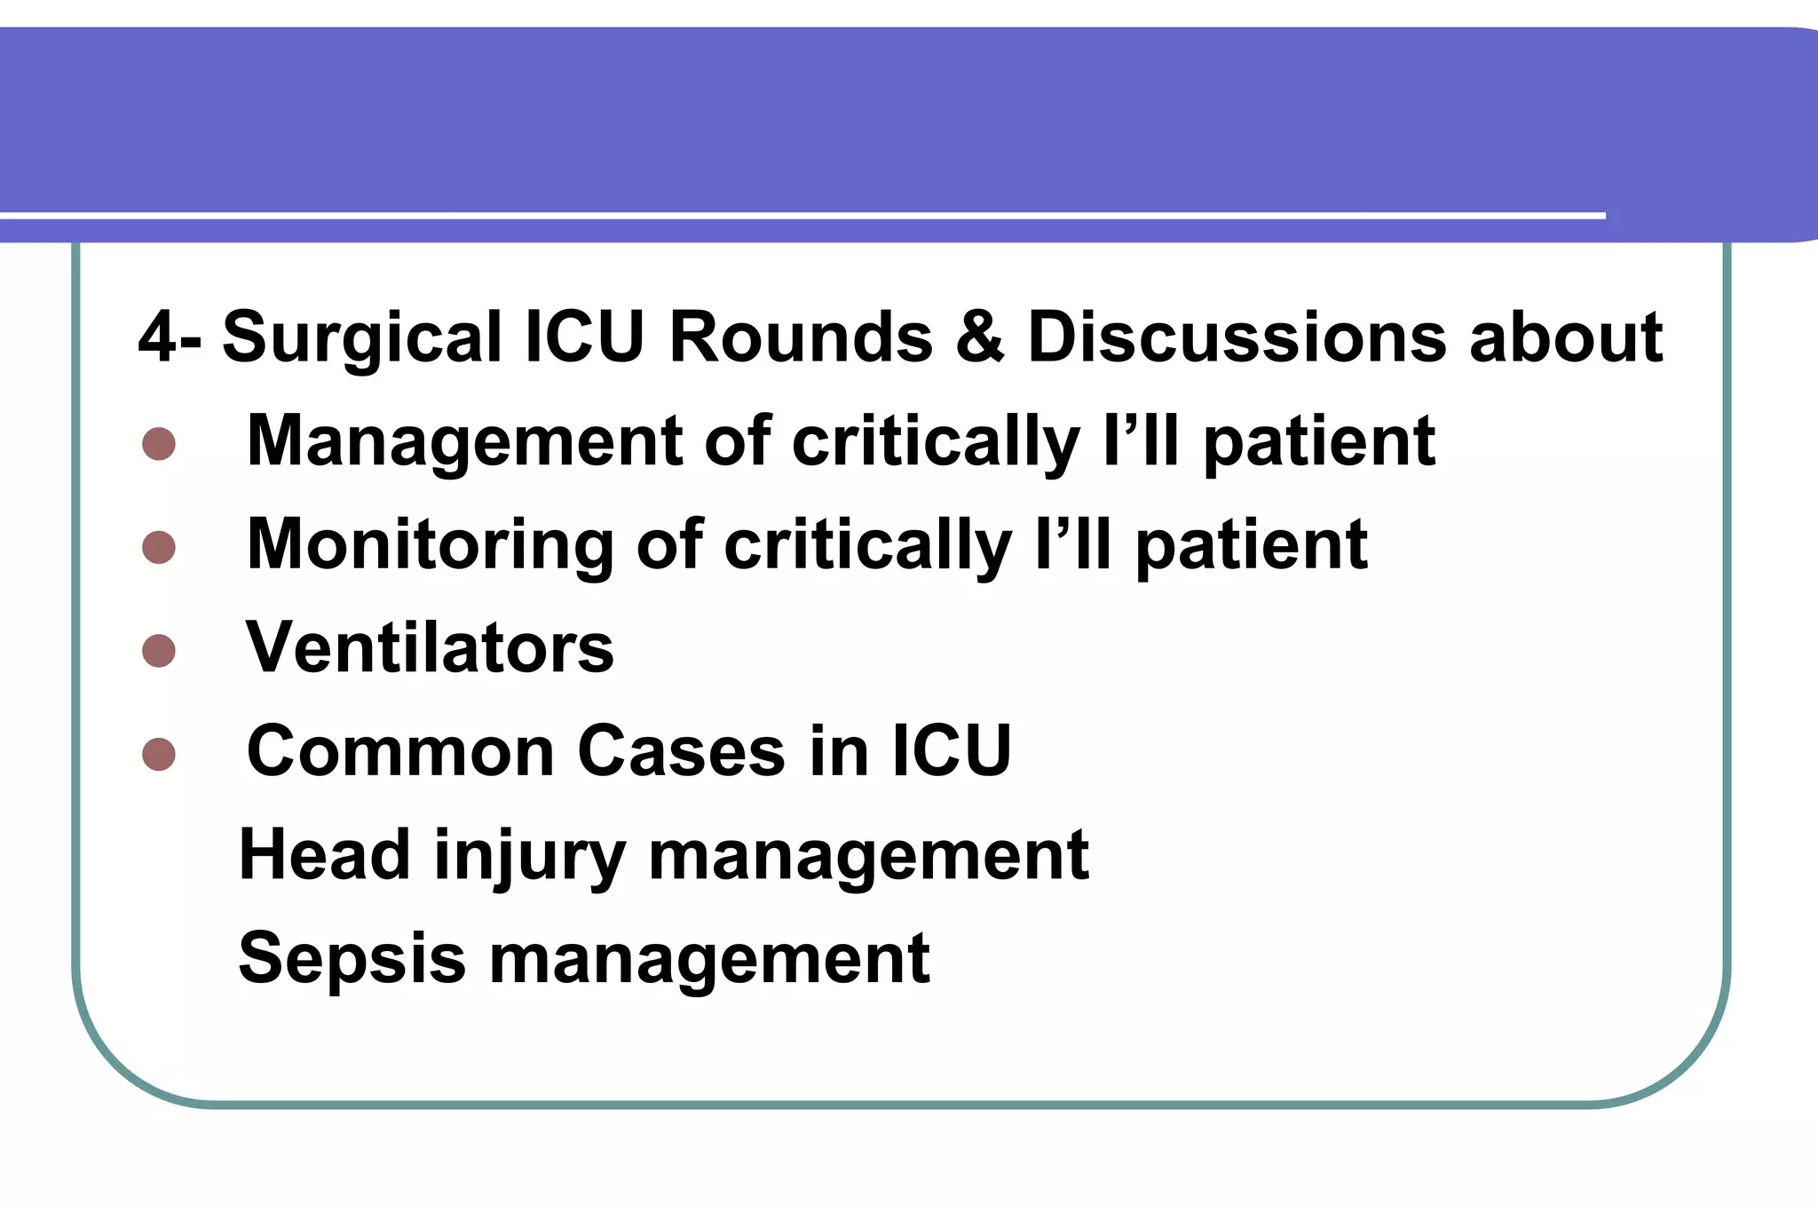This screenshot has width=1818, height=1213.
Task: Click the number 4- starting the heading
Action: point(169,337)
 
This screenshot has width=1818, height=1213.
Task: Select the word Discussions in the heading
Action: point(1237,337)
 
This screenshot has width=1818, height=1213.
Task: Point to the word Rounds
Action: point(801,337)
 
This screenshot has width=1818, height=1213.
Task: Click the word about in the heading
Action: point(1565,337)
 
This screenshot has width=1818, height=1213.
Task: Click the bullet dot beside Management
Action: point(159,444)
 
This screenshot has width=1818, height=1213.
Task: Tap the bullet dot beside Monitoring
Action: point(159,547)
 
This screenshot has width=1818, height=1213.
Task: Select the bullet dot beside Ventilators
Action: point(159,650)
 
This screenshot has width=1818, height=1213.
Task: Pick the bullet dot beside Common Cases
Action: point(159,754)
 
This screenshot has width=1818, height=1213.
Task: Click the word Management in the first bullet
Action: point(464,442)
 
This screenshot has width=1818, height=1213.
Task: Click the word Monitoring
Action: point(430,544)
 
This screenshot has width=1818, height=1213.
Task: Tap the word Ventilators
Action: point(430,647)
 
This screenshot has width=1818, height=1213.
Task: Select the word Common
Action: point(400,751)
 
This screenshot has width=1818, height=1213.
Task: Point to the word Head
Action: point(324,854)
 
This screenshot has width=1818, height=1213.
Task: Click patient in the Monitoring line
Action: point(1252,546)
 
